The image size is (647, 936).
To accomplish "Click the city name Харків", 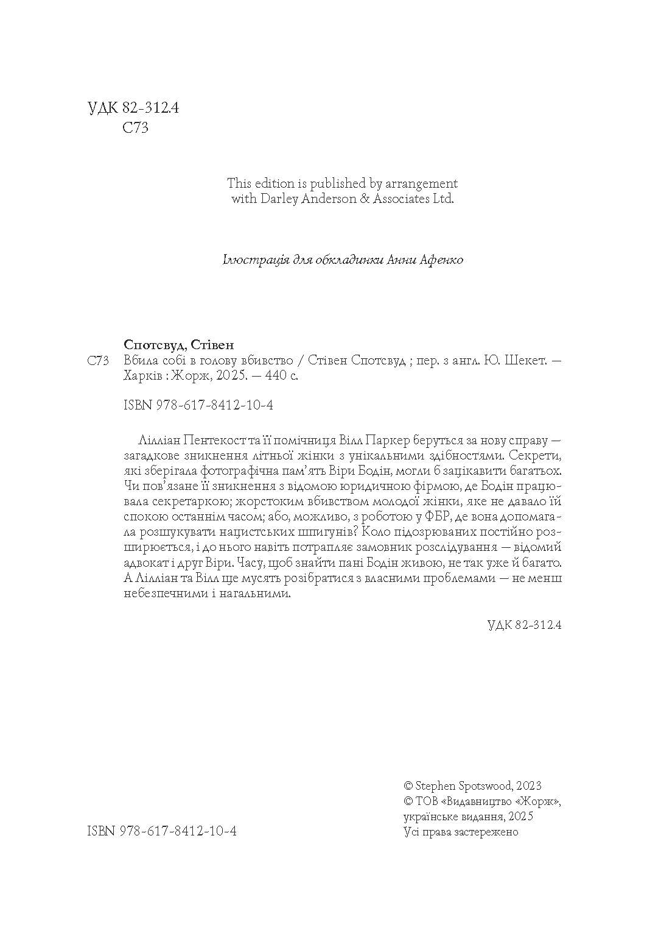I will click(142, 376).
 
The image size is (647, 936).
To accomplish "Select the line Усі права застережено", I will click(461, 832).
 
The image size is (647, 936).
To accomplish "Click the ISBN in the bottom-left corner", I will click(162, 832).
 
